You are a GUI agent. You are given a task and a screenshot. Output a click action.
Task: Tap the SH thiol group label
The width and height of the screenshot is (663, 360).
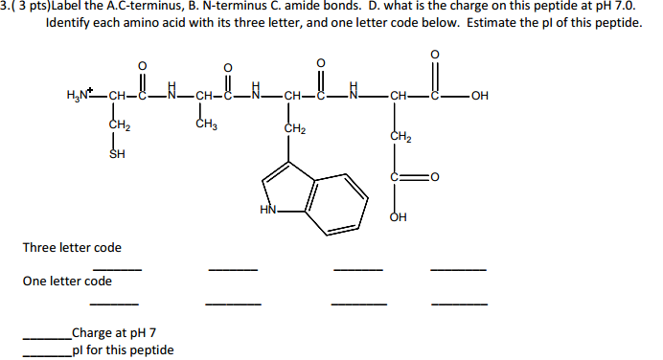pyautogui.click(x=117, y=153)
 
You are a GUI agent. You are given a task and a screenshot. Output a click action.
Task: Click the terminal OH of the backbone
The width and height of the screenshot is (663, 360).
pyautogui.click(x=478, y=95)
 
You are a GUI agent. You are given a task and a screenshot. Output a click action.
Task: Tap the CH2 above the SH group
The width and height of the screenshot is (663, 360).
pyautogui.click(x=119, y=124)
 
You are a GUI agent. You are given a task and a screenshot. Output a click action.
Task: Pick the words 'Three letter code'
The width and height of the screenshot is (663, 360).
pyautogui.click(x=72, y=248)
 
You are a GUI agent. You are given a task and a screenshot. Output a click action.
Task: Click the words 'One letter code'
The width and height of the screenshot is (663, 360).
pyautogui.click(x=67, y=281)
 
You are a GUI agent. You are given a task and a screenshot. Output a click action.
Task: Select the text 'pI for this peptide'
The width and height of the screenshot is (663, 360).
pyautogui.click(x=122, y=349)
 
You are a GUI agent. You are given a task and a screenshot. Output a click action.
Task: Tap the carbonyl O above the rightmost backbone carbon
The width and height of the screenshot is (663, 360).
pyautogui.click(x=439, y=54)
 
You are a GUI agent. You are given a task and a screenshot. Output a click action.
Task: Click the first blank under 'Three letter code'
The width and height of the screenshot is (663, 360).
pyautogui.click(x=117, y=270)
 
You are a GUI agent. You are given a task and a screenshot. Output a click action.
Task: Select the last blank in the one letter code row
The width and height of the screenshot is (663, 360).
pyautogui.click(x=458, y=304)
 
